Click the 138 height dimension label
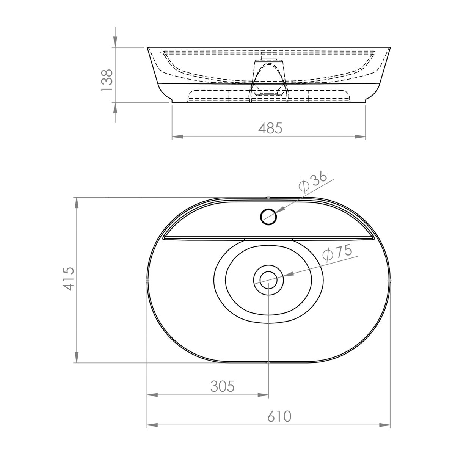(x=107, y=80)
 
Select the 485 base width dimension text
(x=270, y=129)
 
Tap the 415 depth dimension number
(x=69, y=279)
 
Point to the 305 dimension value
(x=223, y=386)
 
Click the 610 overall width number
(x=279, y=416)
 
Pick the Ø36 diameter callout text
(x=313, y=182)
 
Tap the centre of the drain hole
(x=268, y=280)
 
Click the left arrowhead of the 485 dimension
(x=177, y=136)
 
